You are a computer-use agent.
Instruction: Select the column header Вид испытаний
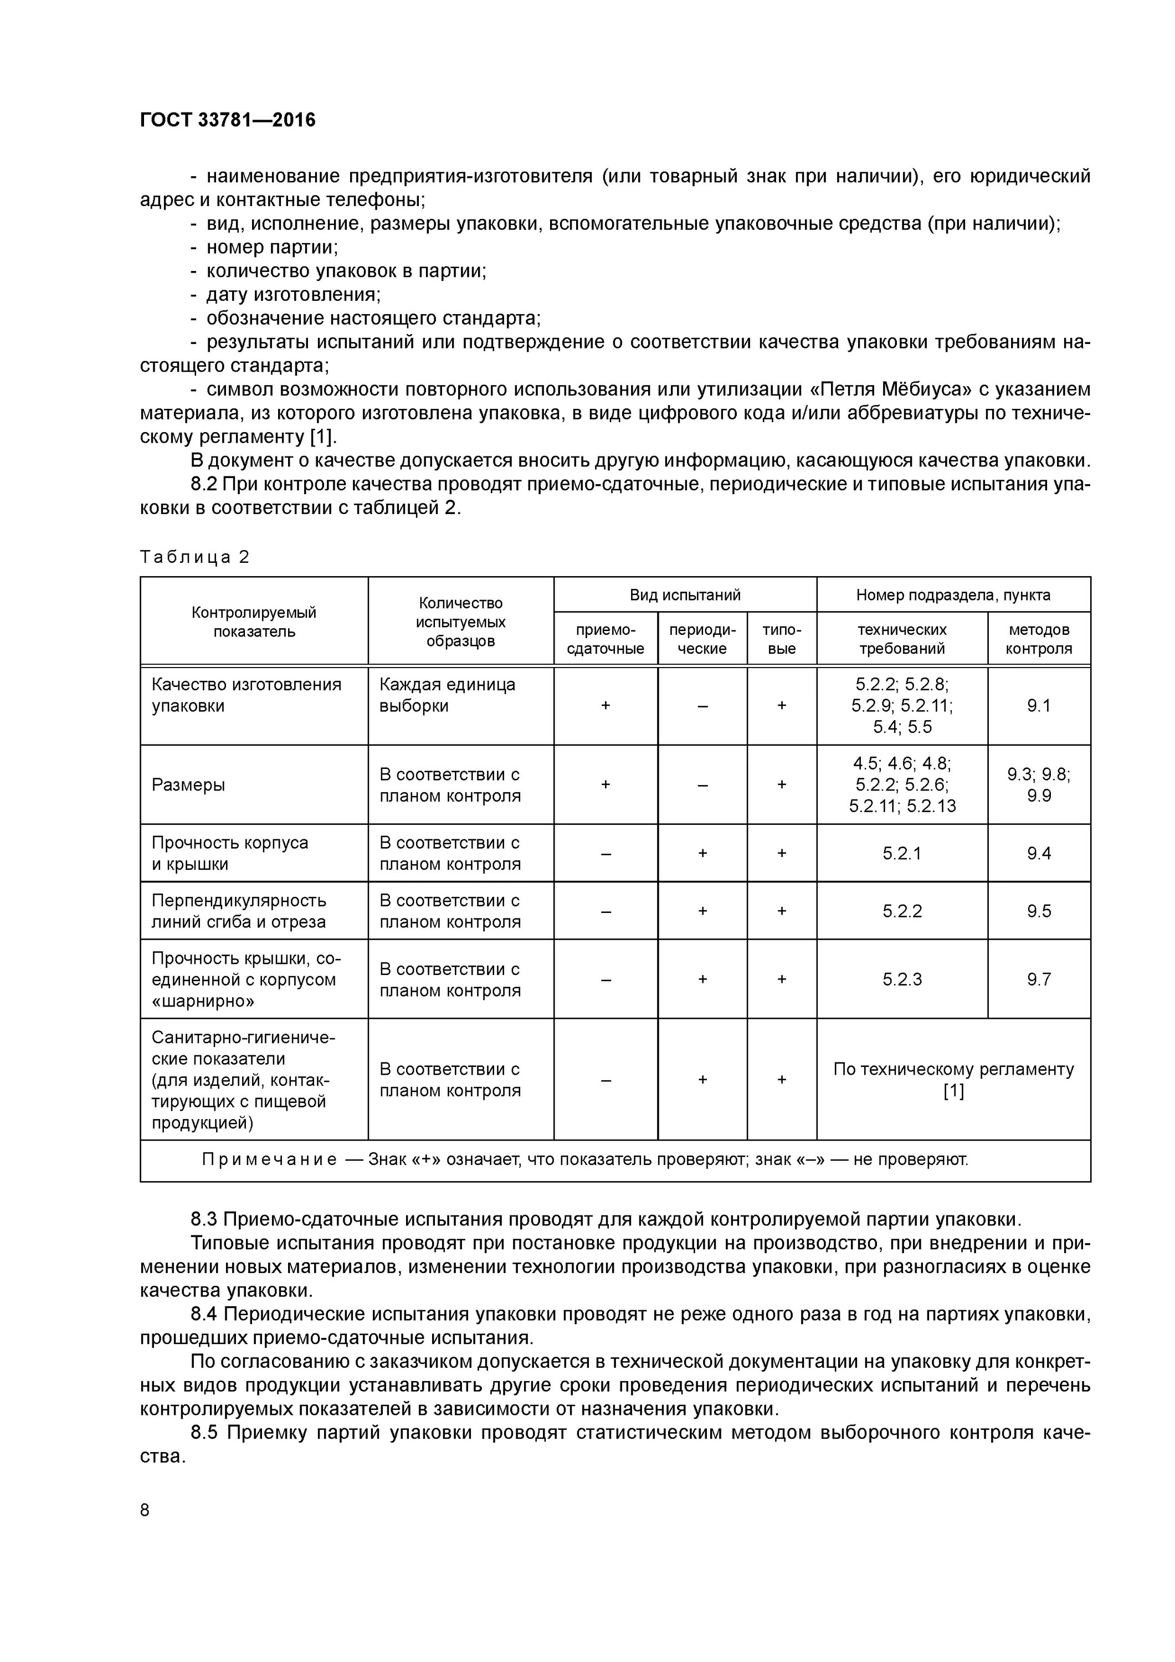684,595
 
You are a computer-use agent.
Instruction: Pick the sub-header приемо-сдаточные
606,638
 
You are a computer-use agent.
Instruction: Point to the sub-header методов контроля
1038,638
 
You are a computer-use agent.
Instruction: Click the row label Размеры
188,784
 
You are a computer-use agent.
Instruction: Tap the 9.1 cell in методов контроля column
1038,706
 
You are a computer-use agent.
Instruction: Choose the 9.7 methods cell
1038,979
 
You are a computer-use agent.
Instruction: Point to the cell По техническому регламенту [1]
953,1079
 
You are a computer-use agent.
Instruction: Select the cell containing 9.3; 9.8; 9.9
1038,784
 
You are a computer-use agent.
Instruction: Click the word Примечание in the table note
269,1160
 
